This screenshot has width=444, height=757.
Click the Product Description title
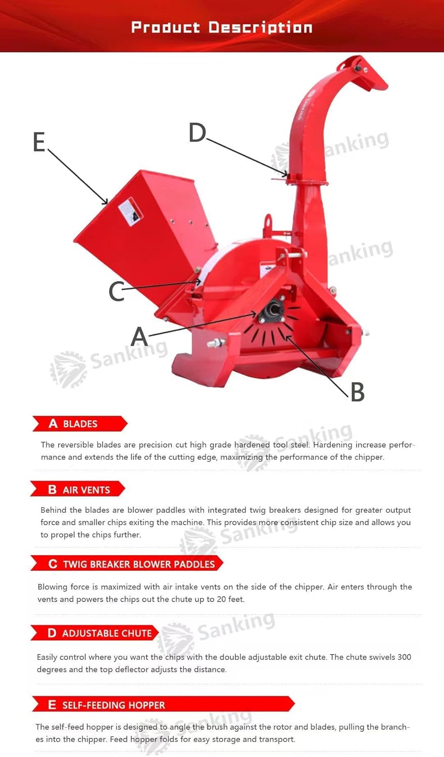click(x=222, y=27)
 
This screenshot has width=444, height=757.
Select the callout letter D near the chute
click(x=197, y=133)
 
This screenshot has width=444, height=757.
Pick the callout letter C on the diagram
click(x=116, y=291)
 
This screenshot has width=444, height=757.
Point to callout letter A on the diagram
click(x=139, y=337)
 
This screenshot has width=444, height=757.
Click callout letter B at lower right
click(x=357, y=392)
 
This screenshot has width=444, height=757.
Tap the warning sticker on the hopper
click(x=130, y=211)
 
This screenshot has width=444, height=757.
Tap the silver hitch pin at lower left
click(x=216, y=343)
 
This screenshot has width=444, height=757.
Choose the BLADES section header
click(x=79, y=424)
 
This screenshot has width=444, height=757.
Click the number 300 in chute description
click(x=404, y=657)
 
